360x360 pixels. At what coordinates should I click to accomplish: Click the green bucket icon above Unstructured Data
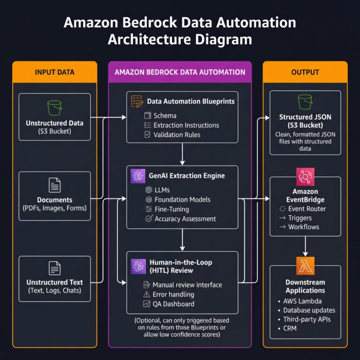pos(55,108)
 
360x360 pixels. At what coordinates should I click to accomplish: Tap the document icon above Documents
pos(55,184)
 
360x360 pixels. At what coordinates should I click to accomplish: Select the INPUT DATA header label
pos(55,72)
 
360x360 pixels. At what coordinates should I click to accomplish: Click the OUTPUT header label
pos(305,72)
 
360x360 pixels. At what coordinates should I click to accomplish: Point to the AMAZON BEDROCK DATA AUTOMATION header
pos(180,72)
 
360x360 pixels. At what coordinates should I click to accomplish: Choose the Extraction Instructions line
pos(186,125)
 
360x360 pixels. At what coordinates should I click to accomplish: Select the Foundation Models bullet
pos(182,199)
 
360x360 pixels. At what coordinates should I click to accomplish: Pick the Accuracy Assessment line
pos(185,218)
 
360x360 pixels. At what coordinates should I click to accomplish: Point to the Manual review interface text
pos(187,285)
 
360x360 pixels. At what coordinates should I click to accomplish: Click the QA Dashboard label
pos(173,304)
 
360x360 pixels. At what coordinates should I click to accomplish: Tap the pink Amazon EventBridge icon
pos(305,177)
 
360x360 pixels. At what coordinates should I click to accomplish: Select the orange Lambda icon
pos(305,265)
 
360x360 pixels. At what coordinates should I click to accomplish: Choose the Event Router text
pos(307,209)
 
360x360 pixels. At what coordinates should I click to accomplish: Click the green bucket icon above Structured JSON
pos(305,102)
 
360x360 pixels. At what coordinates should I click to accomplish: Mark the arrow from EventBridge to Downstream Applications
pos(305,246)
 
